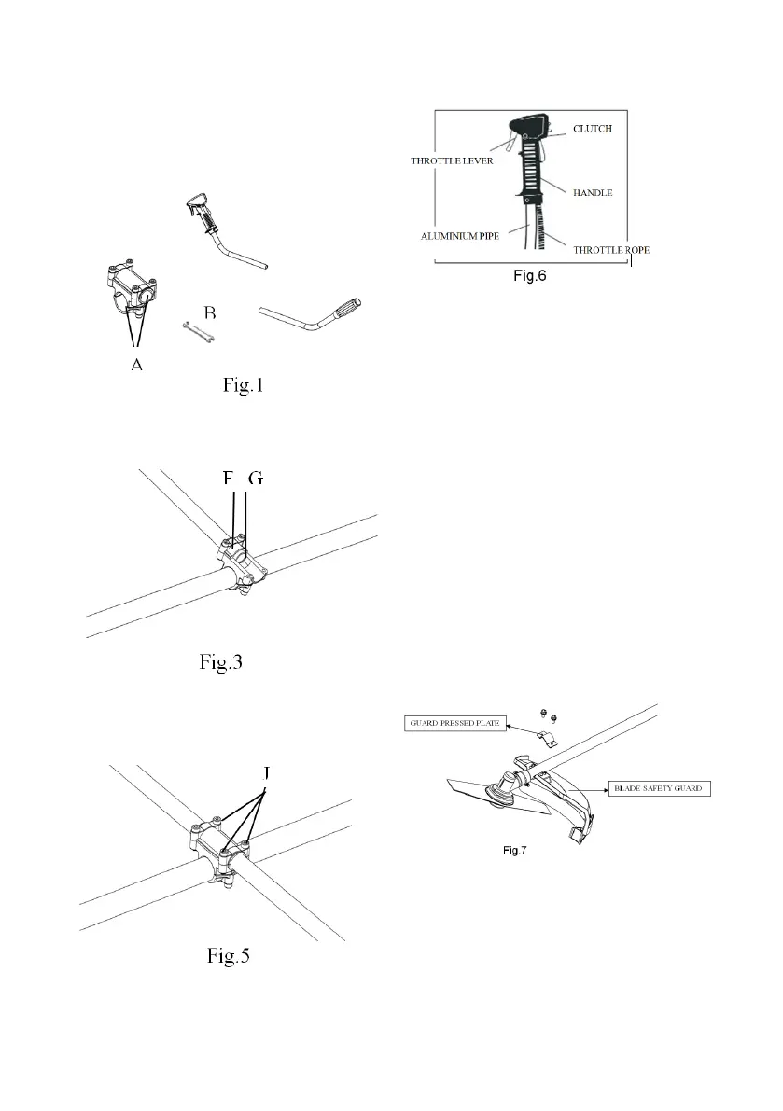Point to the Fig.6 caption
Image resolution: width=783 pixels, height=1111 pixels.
coord(529,277)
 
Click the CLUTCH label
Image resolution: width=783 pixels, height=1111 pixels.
coord(592,129)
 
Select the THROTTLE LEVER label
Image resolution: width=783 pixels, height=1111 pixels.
coord(452,160)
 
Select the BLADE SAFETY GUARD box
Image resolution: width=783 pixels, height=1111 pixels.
coord(657,788)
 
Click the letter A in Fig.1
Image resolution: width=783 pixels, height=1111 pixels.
coord(136,366)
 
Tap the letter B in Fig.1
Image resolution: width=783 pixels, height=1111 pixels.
coord(211,310)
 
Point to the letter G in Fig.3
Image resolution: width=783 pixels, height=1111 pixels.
coord(257,479)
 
